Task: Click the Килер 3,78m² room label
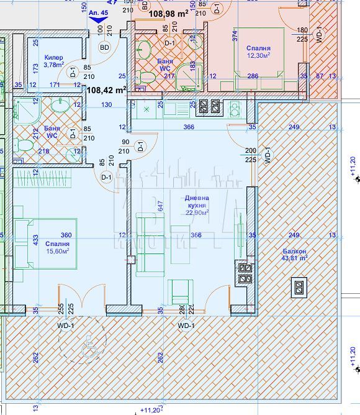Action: coord(54,60)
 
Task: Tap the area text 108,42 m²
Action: coord(106,89)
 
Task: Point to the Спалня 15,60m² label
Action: coord(56,247)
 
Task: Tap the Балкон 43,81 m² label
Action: coord(294,254)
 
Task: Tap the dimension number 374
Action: coord(234,36)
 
